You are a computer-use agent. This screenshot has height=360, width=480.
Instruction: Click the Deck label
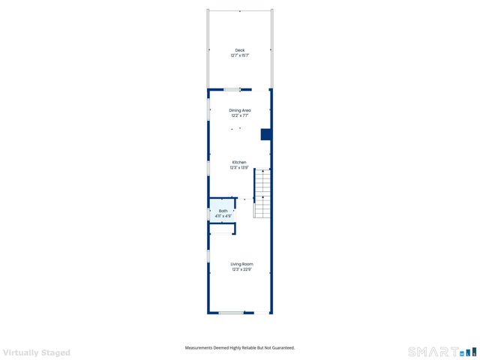239,50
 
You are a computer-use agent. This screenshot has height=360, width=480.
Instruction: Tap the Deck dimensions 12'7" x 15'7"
239,55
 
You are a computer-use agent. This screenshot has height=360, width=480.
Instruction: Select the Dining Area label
240,110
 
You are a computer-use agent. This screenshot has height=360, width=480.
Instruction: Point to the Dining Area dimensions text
240,115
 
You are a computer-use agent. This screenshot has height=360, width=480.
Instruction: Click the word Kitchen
239,162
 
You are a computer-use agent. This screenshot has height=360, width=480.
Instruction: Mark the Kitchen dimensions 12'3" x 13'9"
239,167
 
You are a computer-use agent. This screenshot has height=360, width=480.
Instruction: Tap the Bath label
223,211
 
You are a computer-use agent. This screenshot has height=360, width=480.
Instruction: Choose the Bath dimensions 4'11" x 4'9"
223,216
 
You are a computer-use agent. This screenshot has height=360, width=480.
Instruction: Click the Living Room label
241,264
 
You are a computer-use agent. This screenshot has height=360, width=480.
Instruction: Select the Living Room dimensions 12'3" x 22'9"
241,269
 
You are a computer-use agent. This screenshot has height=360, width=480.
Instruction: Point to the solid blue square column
265,134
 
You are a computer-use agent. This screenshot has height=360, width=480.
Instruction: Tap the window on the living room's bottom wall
231,313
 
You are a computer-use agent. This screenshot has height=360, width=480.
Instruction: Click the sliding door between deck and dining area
232,90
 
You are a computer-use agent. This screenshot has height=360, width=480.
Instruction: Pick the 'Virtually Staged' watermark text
37,352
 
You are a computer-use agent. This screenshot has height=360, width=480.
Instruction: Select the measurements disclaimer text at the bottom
240,347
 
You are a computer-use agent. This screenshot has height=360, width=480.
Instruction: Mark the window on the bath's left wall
208,211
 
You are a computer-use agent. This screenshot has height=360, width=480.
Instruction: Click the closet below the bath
223,228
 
